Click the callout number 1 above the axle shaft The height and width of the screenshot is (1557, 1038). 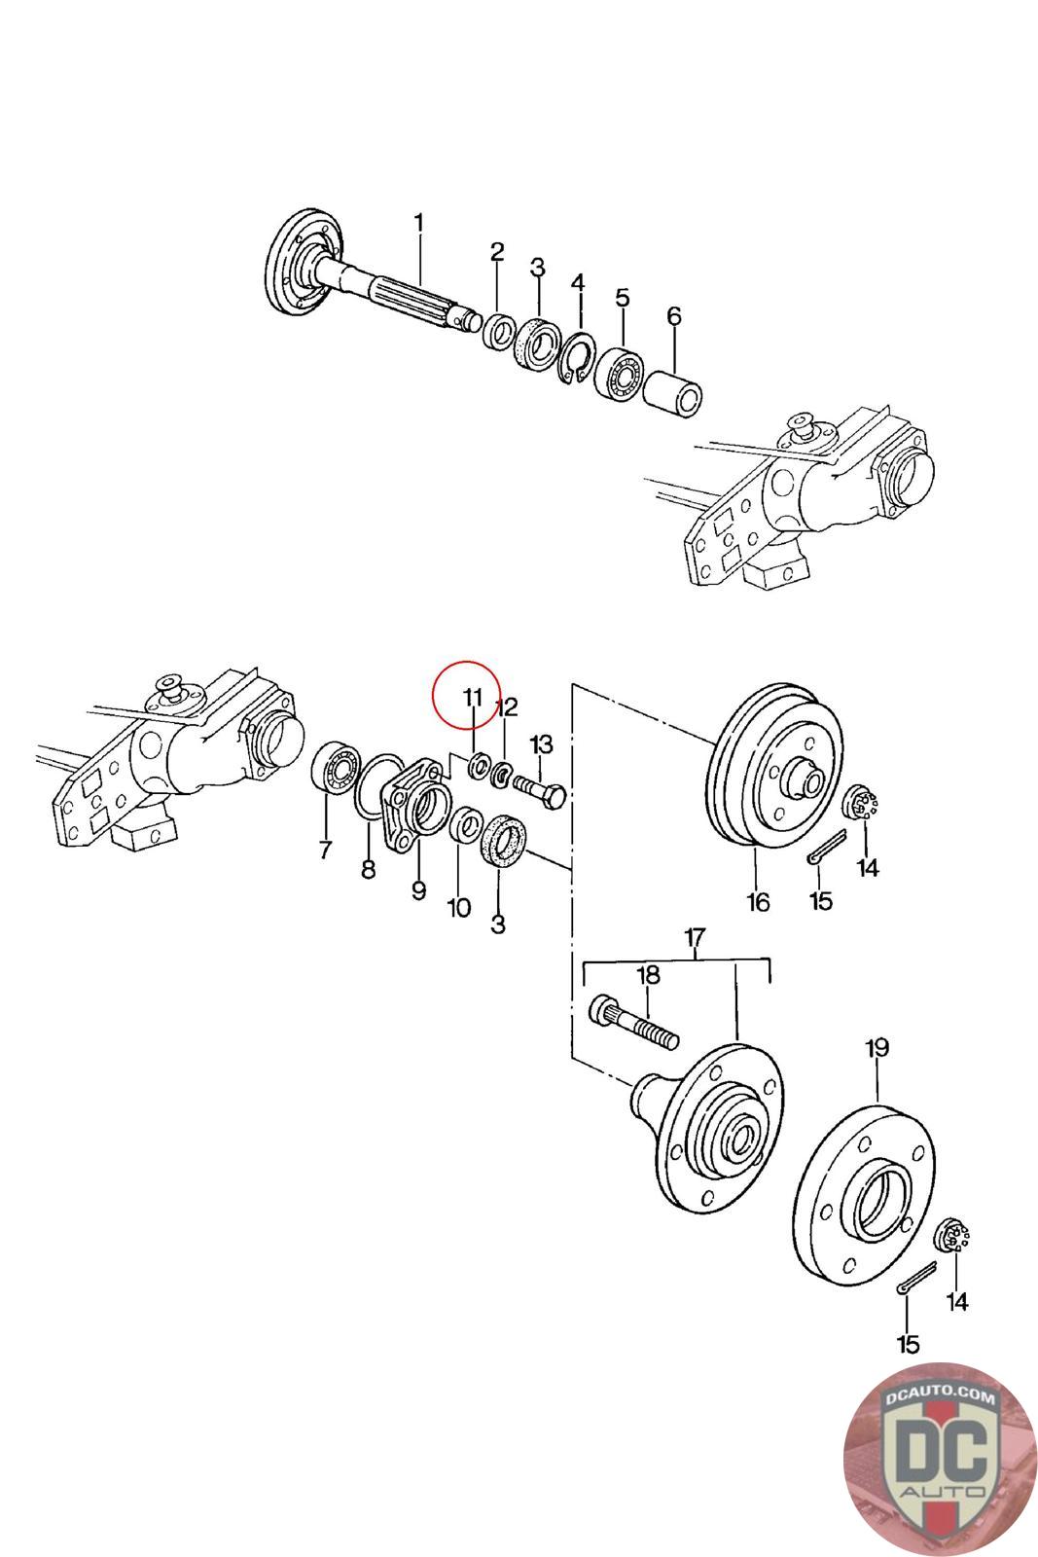tap(418, 224)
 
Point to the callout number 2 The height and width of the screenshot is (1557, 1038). tap(497, 252)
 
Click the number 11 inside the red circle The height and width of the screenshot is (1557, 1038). tap(473, 697)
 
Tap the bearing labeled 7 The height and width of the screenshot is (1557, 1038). tap(335, 768)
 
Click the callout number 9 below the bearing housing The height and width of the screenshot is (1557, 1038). tap(418, 889)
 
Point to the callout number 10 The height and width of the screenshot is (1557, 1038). tap(458, 908)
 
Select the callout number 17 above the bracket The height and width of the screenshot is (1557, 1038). tap(694, 938)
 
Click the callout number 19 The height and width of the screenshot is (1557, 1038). tap(877, 1048)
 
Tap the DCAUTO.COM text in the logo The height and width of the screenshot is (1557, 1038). tap(940, 1396)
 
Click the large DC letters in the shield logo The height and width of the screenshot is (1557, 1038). tap(940, 1456)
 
